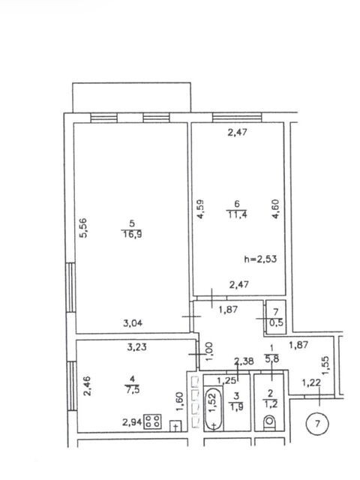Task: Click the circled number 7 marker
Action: (317, 424)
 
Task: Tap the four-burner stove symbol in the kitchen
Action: (153, 421)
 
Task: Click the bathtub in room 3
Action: (213, 408)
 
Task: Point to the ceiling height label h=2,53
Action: (260, 259)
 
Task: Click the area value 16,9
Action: (132, 235)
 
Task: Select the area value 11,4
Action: (237, 214)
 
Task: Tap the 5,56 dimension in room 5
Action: (83, 227)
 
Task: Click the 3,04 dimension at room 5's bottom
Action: (133, 323)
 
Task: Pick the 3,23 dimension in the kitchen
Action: (136, 346)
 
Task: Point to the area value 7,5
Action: (132, 390)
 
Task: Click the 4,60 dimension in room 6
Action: (275, 208)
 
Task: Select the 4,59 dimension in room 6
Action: (200, 209)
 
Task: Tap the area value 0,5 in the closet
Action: (277, 322)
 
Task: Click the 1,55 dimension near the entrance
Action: (325, 365)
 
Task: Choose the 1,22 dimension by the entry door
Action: (312, 382)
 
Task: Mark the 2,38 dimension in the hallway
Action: (244, 361)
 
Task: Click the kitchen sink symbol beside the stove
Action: (175, 426)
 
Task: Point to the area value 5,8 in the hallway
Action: (272, 358)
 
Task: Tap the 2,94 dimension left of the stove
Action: (132, 422)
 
